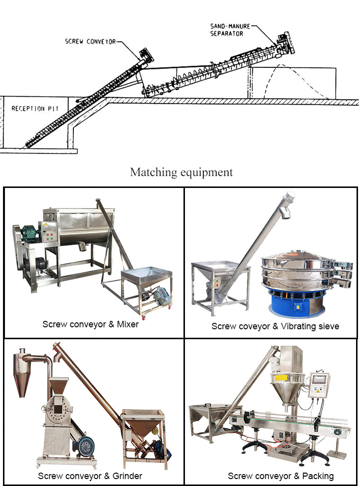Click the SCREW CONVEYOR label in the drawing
tap(90, 42)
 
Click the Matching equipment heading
tap(181, 172)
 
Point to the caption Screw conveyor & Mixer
tap(90, 324)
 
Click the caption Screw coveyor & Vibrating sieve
tap(275, 326)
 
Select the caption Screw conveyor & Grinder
tap(90, 476)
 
